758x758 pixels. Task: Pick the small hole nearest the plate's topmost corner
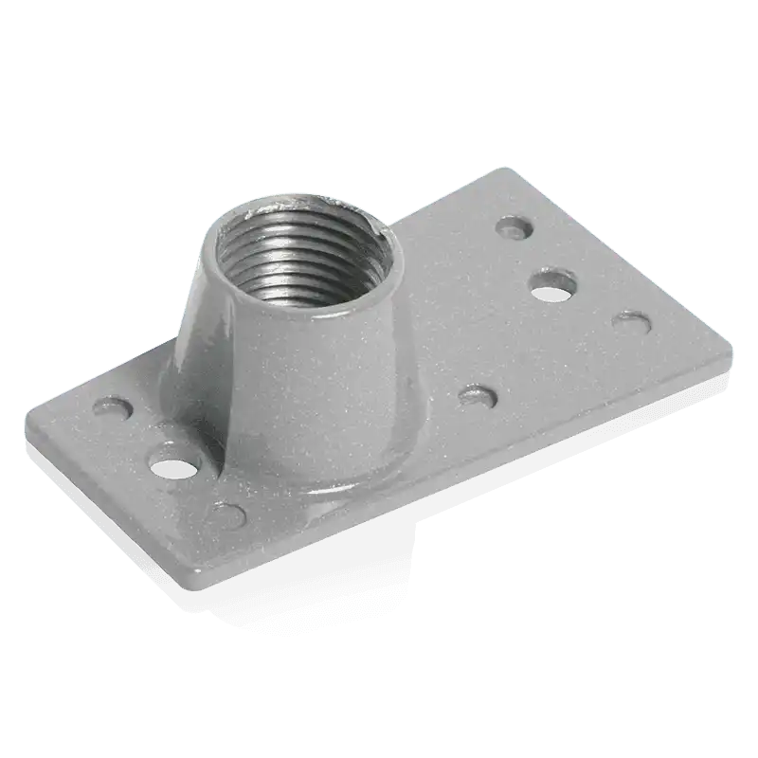(515, 227)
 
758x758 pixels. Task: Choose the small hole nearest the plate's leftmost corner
(115, 409)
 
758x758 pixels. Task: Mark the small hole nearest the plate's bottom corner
(227, 515)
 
